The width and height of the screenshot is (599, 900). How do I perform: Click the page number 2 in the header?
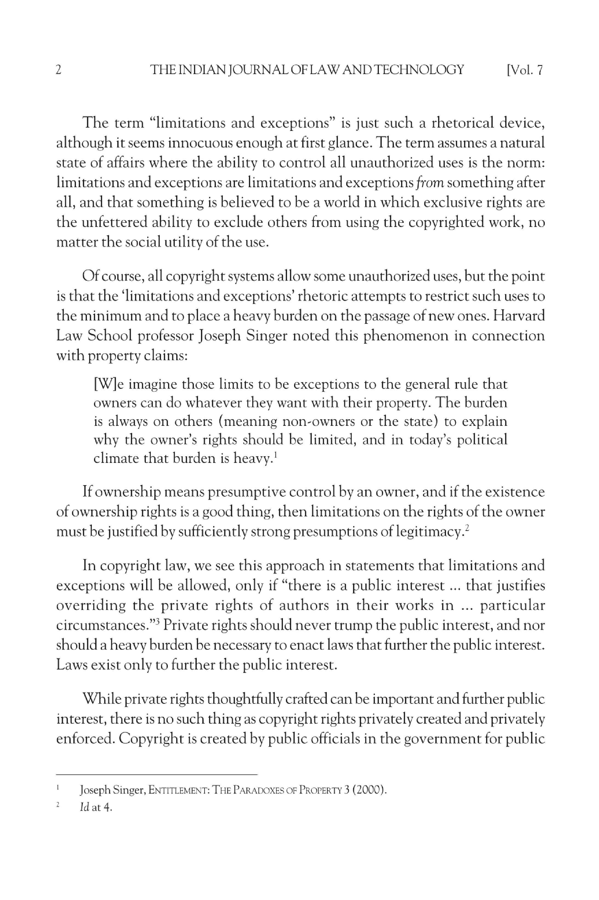pyautogui.click(x=58, y=70)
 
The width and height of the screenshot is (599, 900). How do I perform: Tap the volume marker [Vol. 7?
pyautogui.click(x=524, y=70)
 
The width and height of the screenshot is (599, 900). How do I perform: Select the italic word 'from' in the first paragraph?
pyautogui.click(x=430, y=183)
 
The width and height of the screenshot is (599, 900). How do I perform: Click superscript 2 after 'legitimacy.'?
pyautogui.click(x=467, y=528)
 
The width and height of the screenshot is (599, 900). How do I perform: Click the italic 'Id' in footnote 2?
pyautogui.click(x=84, y=808)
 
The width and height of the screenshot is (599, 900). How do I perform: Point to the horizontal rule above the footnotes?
pyautogui.click(x=157, y=775)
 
